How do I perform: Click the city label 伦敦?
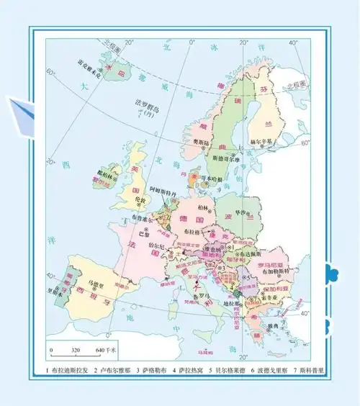[138, 200]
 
